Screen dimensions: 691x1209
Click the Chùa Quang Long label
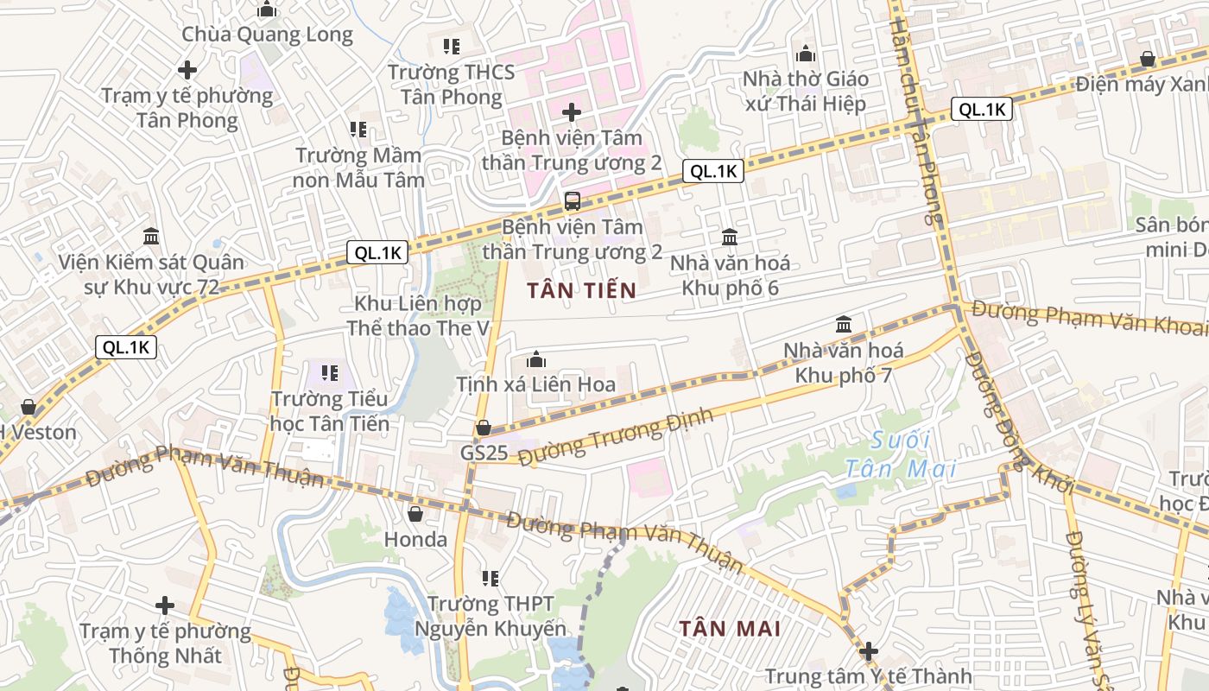click(x=267, y=35)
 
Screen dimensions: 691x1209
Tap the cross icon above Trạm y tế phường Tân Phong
click(x=187, y=69)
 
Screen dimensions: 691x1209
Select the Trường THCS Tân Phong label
click(x=451, y=84)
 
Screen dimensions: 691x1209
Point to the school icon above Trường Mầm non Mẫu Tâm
click(x=358, y=130)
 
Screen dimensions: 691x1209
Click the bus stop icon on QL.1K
click(x=572, y=201)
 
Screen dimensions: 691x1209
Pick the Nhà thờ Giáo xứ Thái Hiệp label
click(x=805, y=92)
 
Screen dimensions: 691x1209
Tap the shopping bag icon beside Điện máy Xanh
click(x=1148, y=59)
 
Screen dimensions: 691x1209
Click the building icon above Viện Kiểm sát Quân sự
click(x=151, y=236)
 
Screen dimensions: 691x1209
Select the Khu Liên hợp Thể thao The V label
click(x=418, y=316)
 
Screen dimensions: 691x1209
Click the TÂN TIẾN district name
click(x=581, y=290)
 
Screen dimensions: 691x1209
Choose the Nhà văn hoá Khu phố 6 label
click(x=730, y=275)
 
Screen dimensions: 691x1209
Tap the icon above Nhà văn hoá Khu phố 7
click(x=844, y=325)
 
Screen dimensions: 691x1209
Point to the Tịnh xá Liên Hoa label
click(x=535, y=384)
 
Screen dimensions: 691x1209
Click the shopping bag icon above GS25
click(x=484, y=428)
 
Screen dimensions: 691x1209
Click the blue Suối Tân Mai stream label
click(x=900, y=454)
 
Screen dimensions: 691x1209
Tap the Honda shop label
click(x=415, y=540)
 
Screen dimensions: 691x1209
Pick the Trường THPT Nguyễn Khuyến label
click(x=491, y=616)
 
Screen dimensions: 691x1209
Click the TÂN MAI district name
click(x=730, y=628)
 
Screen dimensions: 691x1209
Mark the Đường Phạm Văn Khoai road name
click(x=1088, y=317)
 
